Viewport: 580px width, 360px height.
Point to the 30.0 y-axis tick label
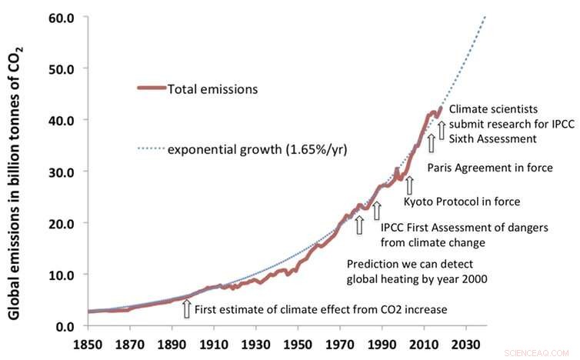(60, 172)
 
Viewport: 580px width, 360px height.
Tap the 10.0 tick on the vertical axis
(60, 275)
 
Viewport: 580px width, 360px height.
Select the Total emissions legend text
(214, 89)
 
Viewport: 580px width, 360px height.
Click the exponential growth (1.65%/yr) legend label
(258, 149)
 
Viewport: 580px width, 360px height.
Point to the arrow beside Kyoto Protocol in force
(409, 185)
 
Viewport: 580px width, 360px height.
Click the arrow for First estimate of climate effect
(186, 308)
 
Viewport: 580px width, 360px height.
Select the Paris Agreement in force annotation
(500, 168)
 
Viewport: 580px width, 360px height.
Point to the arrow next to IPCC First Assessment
(376, 210)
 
